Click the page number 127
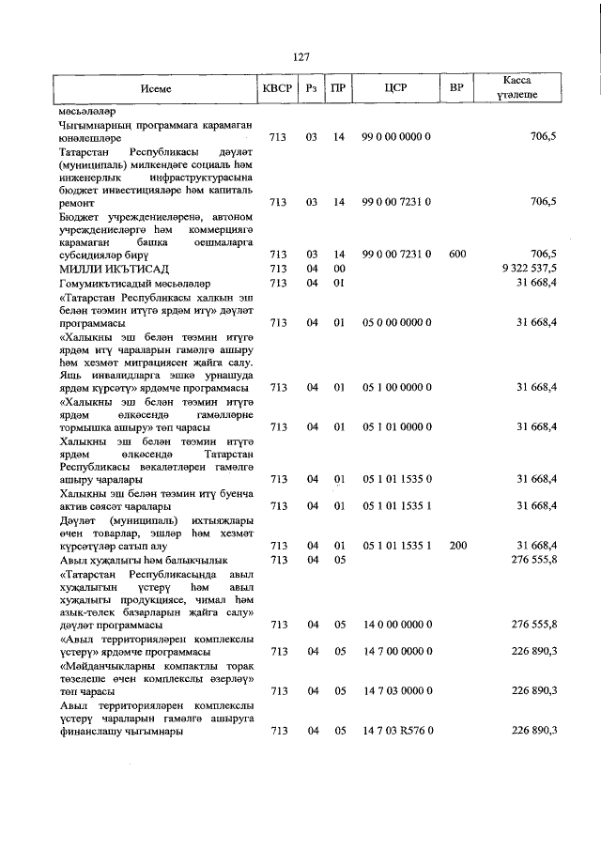pos(300,57)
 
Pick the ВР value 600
pos(457,254)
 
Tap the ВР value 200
pos(457,545)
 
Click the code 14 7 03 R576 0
pos(396,731)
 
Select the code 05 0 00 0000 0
pos(396,322)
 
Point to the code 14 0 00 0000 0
pos(396,624)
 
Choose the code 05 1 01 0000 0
pos(396,427)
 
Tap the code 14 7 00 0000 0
pos(396,651)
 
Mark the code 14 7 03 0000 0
pos(396,690)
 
